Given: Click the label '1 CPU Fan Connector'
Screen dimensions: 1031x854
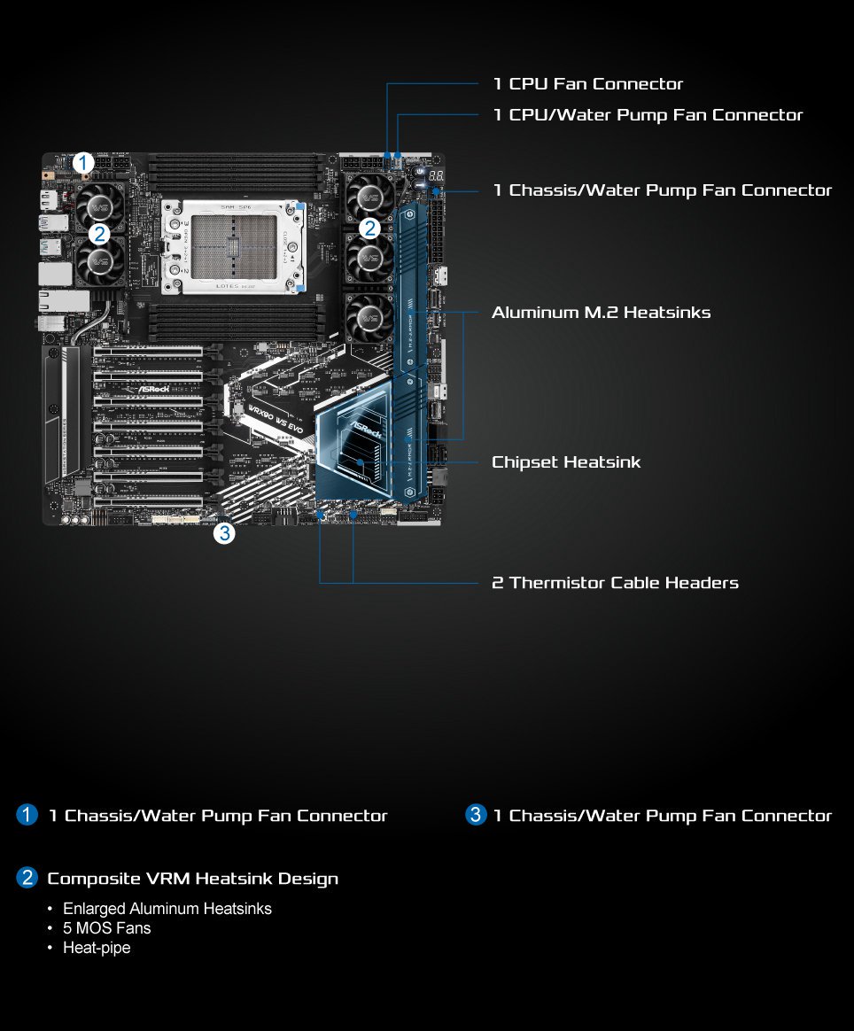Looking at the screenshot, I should click(587, 84).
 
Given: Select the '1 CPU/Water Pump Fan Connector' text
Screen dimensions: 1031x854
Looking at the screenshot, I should click(648, 115).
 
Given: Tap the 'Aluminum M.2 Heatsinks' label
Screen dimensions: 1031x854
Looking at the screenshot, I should click(601, 313).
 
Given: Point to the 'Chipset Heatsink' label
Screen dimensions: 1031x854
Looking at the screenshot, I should click(565, 462).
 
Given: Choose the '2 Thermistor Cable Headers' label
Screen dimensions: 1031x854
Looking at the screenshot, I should click(615, 583).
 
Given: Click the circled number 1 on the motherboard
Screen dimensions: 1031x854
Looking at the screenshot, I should click(83, 163).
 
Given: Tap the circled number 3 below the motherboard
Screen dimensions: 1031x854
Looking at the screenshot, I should click(224, 533).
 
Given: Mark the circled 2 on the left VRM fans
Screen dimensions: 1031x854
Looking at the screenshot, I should click(99, 235).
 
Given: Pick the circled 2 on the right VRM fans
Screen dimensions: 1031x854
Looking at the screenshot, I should click(369, 228).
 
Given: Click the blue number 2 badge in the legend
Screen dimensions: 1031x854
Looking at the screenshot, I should click(27, 879).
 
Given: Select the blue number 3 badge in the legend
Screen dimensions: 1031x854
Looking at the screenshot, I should click(477, 815).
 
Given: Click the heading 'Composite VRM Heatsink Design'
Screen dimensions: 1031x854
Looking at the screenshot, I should click(192, 879).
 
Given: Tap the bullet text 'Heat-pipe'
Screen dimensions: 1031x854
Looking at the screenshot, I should click(96, 948).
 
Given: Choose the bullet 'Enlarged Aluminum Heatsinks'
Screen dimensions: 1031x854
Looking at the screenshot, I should click(167, 909).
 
